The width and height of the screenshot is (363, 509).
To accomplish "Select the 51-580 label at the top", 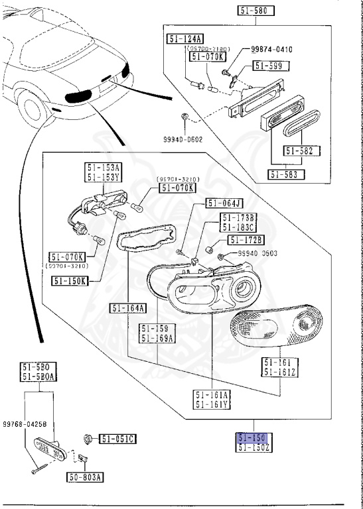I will [x=255, y=11].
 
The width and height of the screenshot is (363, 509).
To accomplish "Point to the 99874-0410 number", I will [x=272, y=50].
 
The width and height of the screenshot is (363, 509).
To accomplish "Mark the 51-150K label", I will [x=70, y=280].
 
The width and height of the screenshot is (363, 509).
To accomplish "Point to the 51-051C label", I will [x=117, y=438].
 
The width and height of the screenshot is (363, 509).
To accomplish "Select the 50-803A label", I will [x=80, y=477].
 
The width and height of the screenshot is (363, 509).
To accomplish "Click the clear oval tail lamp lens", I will [x=279, y=329].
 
